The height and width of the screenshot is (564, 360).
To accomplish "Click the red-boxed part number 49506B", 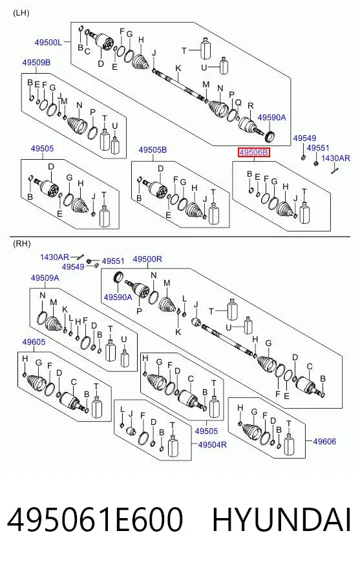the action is click(x=253, y=153).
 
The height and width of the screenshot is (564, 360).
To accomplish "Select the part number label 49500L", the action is click(x=48, y=43).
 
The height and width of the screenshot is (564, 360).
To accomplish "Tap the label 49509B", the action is click(x=36, y=63).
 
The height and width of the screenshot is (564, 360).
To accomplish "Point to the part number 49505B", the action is click(x=153, y=150).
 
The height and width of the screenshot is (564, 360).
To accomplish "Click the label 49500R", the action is click(x=147, y=259).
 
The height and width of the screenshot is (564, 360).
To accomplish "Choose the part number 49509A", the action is click(x=45, y=278).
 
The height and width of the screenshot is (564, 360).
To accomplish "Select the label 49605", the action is click(x=34, y=342).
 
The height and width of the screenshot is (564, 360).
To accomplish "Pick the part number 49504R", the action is click(x=213, y=444).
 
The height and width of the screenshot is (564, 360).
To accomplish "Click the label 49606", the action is click(x=324, y=441).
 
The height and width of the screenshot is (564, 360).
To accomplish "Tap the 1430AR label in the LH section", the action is click(x=335, y=158).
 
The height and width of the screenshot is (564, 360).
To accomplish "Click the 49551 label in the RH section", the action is click(x=113, y=261).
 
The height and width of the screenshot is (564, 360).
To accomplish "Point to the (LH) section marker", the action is click(x=21, y=14).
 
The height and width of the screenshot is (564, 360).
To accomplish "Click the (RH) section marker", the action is click(x=21, y=244).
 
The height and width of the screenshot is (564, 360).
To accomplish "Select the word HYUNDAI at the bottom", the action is click(x=281, y=520).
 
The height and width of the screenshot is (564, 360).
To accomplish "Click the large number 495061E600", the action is click(x=95, y=520).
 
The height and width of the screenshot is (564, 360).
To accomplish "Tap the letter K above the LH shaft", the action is click(x=178, y=69).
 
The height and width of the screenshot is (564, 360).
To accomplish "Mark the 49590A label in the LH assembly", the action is click(x=271, y=118).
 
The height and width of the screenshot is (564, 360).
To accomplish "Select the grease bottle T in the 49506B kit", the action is click(x=304, y=213).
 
